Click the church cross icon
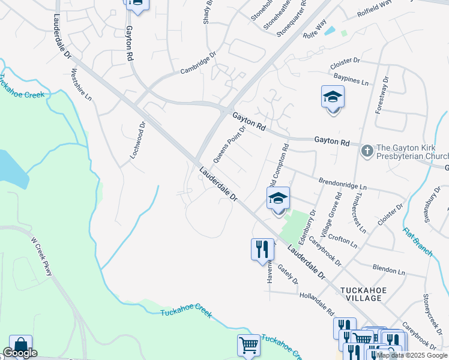367,148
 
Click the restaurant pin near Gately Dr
262,249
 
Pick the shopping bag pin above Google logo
20,345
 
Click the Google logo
20,353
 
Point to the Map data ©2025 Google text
412,355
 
